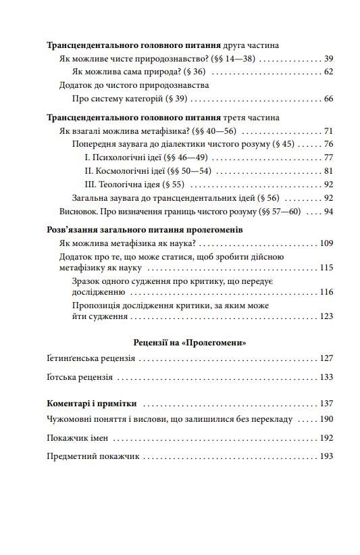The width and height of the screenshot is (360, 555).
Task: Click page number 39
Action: click(x=329, y=59)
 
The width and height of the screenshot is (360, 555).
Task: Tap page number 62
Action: click(x=329, y=72)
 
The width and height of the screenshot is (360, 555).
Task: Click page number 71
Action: click(x=329, y=130)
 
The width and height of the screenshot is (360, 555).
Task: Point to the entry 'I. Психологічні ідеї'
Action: click(x=131, y=157)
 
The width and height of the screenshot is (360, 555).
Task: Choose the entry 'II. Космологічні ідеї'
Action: click(x=134, y=170)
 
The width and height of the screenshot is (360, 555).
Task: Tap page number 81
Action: click(x=329, y=170)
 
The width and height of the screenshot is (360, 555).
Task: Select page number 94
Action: click(x=329, y=211)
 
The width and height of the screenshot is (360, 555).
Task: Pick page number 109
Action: click(x=327, y=243)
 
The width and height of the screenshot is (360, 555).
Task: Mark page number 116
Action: click(x=327, y=292)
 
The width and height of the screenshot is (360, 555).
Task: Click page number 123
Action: click(x=327, y=316)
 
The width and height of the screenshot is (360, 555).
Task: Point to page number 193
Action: click(x=327, y=456)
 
